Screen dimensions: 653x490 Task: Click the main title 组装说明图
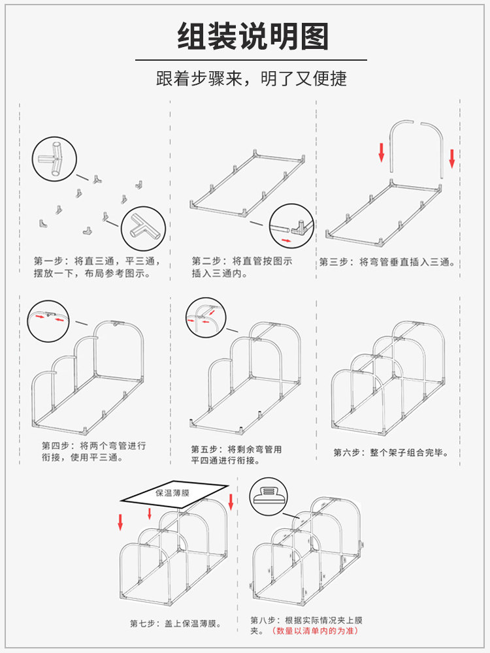tap(253, 37)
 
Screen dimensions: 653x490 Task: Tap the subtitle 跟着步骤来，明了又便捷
tap(252, 79)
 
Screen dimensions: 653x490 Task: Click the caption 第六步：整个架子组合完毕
tap(391, 452)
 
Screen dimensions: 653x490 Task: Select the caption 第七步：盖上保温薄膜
tap(175, 624)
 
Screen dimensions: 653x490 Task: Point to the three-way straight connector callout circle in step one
tap(55, 159)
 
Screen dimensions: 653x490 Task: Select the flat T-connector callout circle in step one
tap(144, 229)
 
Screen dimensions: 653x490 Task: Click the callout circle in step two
tap(292, 226)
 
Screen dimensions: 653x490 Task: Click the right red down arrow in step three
tap(451, 157)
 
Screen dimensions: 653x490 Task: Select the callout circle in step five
tap(204, 318)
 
